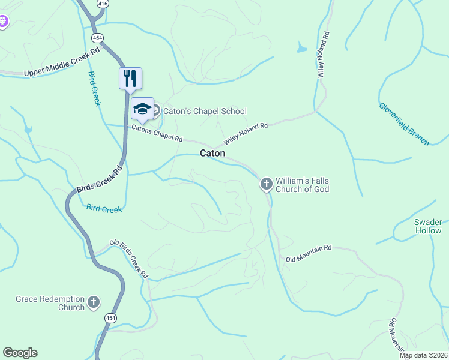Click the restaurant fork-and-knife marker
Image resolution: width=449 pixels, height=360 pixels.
tap(130, 78)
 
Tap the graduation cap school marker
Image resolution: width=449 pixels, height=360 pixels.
tap(142, 109)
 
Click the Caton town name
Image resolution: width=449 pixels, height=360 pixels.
tap(212, 154)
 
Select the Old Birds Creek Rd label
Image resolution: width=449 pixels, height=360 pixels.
tap(129, 259)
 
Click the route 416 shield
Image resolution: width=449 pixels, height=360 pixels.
tap(103, 4)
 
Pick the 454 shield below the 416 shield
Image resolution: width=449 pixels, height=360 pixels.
tap(97, 38)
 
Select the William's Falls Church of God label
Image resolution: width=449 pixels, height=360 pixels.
tap(302, 185)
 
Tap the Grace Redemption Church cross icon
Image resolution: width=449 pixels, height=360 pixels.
tap(93, 302)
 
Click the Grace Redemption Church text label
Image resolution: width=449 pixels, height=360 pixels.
tap(50, 303)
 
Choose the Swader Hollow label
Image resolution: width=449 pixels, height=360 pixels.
tap(428, 226)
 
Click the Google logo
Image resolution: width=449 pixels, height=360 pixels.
tap(20, 353)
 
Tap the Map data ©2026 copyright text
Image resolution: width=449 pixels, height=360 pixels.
tap(424, 355)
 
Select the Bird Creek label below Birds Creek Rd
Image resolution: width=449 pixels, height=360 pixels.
tap(104, 209)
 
